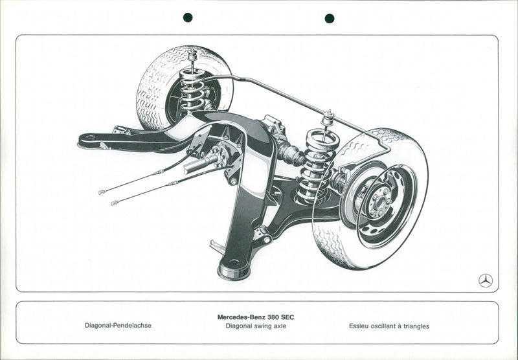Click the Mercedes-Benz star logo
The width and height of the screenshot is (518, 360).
[486, 280]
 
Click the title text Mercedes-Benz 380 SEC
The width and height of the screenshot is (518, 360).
[256, 317]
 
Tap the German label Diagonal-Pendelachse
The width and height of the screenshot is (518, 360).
[118, 326]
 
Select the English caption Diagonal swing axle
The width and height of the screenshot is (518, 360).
[256, 326]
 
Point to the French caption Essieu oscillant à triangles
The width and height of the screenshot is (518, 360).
[388, 326]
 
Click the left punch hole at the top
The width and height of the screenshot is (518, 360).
[188, 17]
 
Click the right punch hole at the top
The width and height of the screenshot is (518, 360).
[330, 17]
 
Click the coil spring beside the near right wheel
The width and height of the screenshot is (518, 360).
[318, 165]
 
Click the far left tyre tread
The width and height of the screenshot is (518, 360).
[150, 97]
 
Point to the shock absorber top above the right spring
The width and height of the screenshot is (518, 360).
[328, 118]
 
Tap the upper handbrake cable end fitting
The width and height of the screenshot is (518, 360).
[102, 192]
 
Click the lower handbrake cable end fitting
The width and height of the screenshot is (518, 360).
[114, 203]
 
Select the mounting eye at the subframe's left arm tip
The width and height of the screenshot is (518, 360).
[89, 138]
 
